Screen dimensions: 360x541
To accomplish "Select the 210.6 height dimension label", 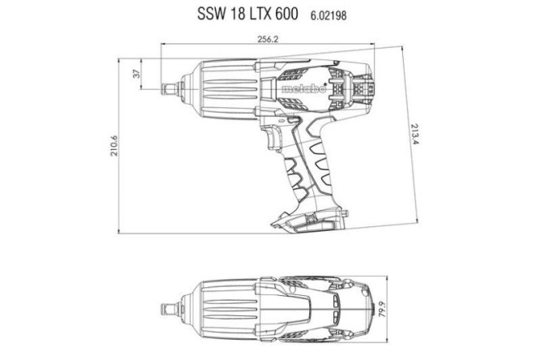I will point(115,145).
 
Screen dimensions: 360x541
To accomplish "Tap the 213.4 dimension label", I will point(415,134).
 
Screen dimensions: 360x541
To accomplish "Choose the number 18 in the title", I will point(234,15).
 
